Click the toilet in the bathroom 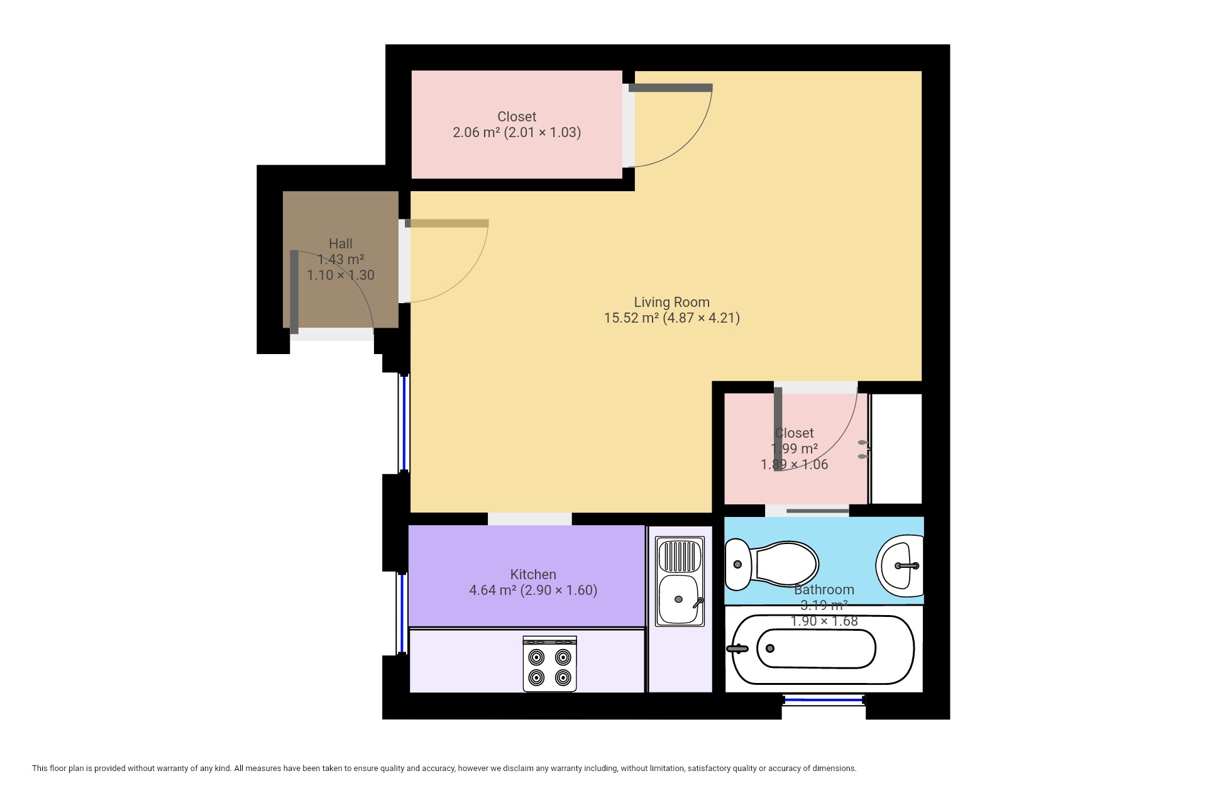click(771, 564)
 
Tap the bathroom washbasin click(900, 565)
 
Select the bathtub click(823, 649)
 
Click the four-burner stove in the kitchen click(549, 664)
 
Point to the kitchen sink click(680, 581)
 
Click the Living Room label click(671, 303)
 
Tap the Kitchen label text click(533, 575)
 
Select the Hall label click(341, 244)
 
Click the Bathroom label click(824, 590)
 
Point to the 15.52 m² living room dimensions click(671, 318)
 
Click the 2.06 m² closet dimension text click(517, 133)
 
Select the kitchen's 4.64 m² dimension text click(533, 591)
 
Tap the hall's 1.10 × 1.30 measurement click(341, 275)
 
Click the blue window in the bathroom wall click(824, 699)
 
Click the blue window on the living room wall click(404, 423)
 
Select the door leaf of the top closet click(671, 88)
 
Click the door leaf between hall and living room click(447, 223)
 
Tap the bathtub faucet click(737, 649)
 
